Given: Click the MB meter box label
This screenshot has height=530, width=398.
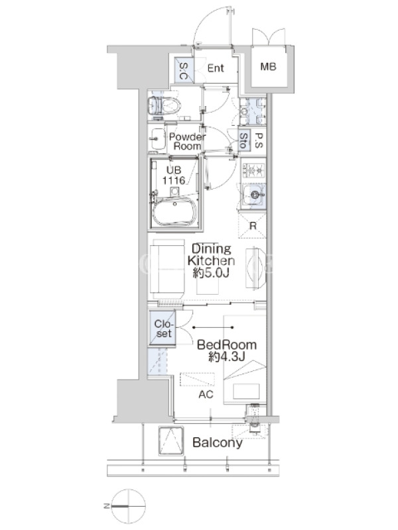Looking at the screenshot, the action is pyautogui.click(x=268, y=67).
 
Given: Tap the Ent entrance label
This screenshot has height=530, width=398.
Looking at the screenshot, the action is pyautogui.click(x=216, y=68).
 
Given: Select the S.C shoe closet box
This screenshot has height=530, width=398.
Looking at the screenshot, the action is pyautogui.click(x=184, y=70).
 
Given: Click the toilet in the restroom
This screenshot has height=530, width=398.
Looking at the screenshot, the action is pyautogui.click(x=165, y=105).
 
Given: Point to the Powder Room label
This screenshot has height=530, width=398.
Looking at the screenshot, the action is pyautogui.click(x=187, y=141).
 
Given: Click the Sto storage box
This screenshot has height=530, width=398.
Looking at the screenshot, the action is pyautogui.click(x=243, y=140).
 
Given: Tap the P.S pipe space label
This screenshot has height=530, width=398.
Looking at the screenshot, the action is pyautogui.click(x=258, y=140).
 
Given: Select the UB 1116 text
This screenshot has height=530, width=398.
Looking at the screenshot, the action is pyautogui.click(x=174, y=175).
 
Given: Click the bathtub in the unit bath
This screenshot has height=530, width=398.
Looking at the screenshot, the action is pyautogui.click(x=174, y=211).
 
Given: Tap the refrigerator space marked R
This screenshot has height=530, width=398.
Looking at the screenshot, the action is pyautogui.click(x=252, y=225).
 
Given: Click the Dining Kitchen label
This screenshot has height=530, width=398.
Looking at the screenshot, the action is pyautogui.click(x=211, y=254).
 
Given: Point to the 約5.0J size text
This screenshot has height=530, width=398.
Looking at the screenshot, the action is pyautogui.click(x=211, y=272).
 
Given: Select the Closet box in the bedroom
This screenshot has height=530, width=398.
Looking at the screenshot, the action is pyautogui.click(x=163, y=328).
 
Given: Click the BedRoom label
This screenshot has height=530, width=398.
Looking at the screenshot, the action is pyautogui.click(x=227, y=344).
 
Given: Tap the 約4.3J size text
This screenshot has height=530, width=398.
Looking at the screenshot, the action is pyautogui.click(x=226, y=356).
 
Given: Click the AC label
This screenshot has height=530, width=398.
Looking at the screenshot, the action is pyautogui.click(x=206, y=394).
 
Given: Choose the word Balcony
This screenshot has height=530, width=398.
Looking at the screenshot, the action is pyautogui.click(x=218, y=443).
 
